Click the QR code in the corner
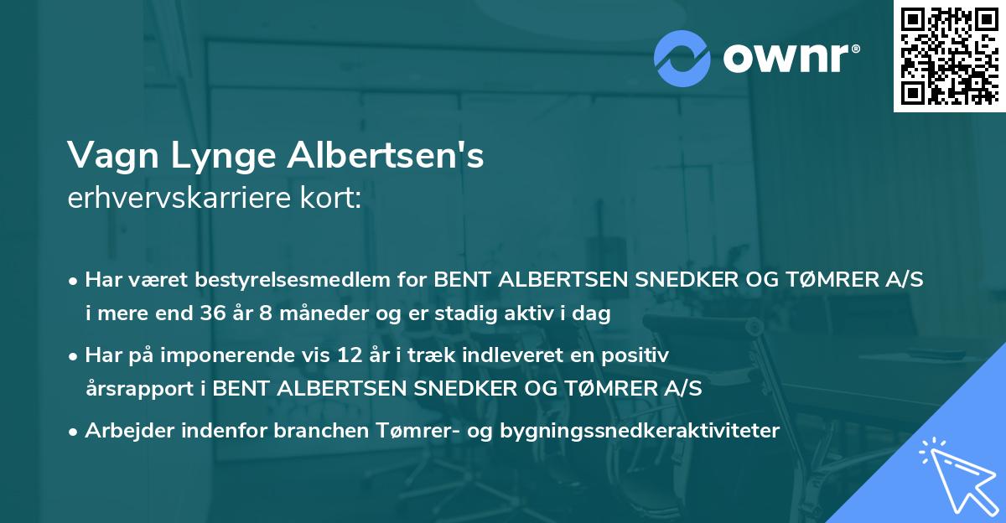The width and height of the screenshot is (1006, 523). coord(949,55)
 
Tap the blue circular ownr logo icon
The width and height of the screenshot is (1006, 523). coord(683,59)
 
